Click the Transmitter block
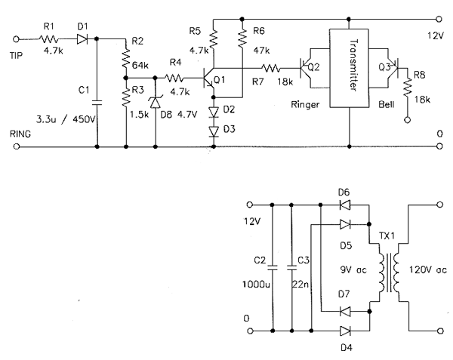[349, 68]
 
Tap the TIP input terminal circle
[17, 39]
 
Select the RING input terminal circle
[17, 146]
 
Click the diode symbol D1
[82, 39]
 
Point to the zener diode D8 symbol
[156, 103]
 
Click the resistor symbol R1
[49, 39]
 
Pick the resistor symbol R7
[271, 69]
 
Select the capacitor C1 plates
[97, 102]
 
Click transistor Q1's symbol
[208, 78]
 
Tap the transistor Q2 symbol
[306, 69]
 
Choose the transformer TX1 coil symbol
[389, 272]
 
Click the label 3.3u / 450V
[66, 119]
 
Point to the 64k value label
[140, 65]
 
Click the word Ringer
[305, 104]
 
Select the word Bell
[387, 104]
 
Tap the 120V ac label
[428, 270]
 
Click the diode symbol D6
[345, 205]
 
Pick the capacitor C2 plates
[272, 268]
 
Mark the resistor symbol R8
[408, 88]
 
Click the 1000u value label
[256, 285]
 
